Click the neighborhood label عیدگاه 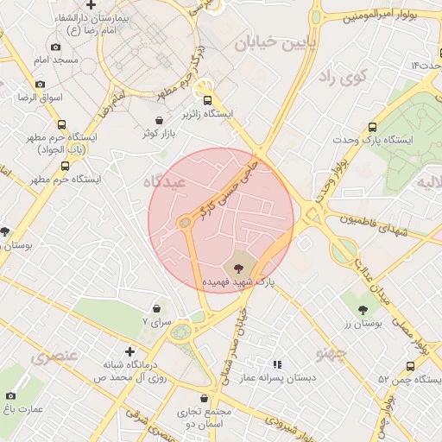pyautogui.click(x=164, y=181)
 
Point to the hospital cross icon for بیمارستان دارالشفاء pyautogui.click(x=91, y=5)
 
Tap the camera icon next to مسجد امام pyautogui.click(x=56, y=47)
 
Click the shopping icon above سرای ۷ pyautogui.click(x=156, y=308)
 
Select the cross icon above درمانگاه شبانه pyautogui.click(x=129, y=350)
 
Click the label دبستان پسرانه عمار pyautogui.click(x=278, y=378)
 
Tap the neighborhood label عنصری pyautogui.click(x=54, y=356)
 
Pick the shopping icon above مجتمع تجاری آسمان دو pyautogui.click(x=203, y=399)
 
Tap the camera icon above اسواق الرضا pyautogui.click(x=40, y=85)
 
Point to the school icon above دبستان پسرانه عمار pyautogui.click(x=277, y=365)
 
